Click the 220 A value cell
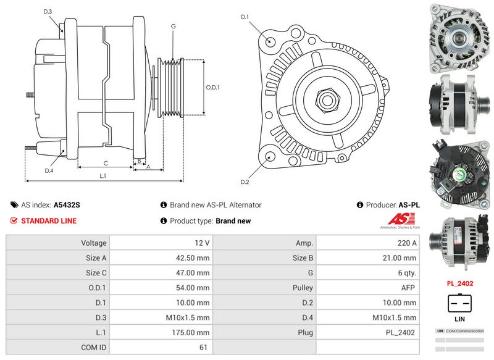coord(366,243)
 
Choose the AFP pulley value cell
coord(366,288)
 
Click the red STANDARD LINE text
coord(49,220)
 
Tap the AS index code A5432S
coord(67,205)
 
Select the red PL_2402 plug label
coord(459,283)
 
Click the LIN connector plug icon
coord(459,303)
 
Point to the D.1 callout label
coord(245,17)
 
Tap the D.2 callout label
coord(245,182)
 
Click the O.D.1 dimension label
coord(212,87)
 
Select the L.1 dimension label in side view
coord(103,176)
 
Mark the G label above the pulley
coord(174,26)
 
